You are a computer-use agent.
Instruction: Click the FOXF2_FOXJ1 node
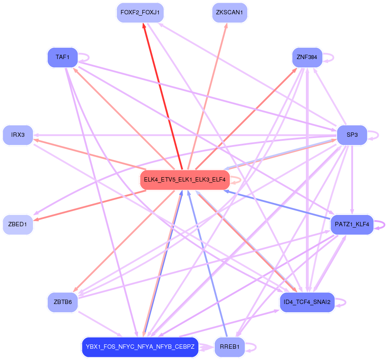click(140, 13)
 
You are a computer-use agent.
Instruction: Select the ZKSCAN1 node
click(230, 13)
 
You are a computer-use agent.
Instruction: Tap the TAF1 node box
click(62, 57)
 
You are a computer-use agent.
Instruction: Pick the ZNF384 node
click(307, 57)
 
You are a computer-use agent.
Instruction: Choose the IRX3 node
click(18, 135)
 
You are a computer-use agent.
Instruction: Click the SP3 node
click(352, 135)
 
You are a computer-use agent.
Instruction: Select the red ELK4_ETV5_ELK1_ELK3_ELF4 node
click(185, 179)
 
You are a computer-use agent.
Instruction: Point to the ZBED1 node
click(18, 225)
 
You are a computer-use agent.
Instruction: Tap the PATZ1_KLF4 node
click(352, 225)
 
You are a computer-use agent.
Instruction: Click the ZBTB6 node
click(62, 302)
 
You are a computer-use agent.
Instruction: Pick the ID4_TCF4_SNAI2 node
click(307, 302)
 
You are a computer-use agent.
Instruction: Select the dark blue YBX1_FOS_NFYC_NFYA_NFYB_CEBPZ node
click(140, 347)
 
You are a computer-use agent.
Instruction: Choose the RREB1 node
click(230, 347)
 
